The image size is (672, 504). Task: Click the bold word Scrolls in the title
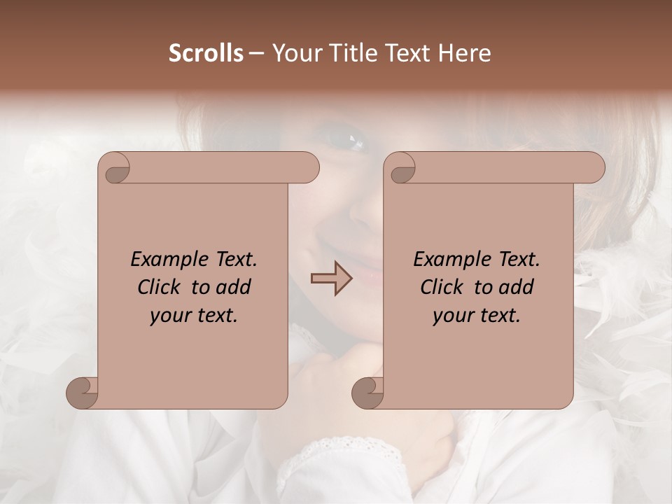coord(206,53)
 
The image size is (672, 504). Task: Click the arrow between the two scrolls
coord(331,279)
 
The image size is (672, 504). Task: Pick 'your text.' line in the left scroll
coord(194,316)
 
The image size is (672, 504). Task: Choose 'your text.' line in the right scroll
coord(477,316)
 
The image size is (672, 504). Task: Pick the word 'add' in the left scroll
coord(234,287)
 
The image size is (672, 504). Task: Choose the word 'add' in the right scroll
coord(517,287)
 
